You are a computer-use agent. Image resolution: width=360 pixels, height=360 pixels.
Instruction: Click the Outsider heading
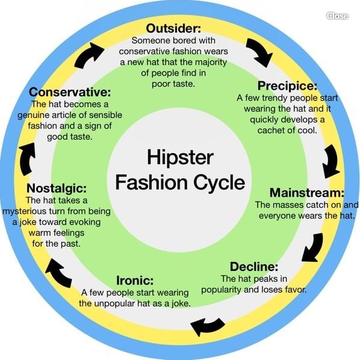(x=173, y=28)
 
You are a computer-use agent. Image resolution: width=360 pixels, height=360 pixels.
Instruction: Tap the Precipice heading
(x=287, y=85)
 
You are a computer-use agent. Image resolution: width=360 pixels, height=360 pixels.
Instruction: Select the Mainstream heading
(x=307, y=193)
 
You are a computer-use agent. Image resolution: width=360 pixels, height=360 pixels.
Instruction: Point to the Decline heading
(x=254, y=267)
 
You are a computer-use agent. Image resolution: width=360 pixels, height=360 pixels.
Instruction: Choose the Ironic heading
(x=135, y=281)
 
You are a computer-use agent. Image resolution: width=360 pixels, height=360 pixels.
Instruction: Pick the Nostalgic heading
(x=57, y=188)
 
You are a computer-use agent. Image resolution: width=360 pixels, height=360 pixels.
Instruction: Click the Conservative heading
(x=70, y=92)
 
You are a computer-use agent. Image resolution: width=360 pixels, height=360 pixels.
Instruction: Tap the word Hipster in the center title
(x=180, y=158)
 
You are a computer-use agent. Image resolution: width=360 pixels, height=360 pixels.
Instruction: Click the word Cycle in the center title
(x=219, y=183)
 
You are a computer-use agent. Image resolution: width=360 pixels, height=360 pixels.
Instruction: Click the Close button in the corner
(x=337, y=16)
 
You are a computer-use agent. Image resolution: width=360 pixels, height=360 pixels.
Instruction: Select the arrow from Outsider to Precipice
(x=259, y=52)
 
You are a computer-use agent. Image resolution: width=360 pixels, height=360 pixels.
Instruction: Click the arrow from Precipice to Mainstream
(x=331, y=161)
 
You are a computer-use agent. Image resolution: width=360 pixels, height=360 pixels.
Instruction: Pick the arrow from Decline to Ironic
(x=207, y=326)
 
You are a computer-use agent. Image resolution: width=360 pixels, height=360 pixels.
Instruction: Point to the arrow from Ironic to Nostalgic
(x=58, y=273)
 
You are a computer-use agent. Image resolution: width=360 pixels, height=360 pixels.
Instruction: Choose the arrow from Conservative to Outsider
(x=88, y=55)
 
